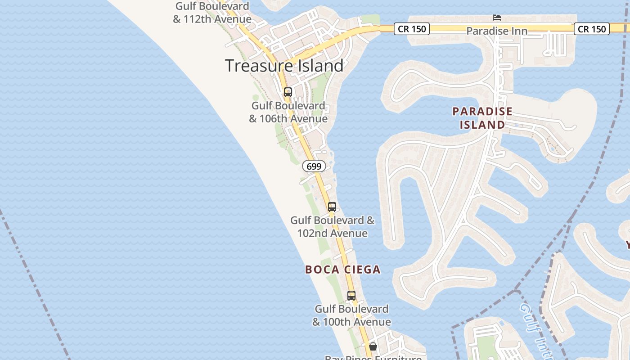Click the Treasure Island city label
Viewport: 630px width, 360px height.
click(x=284, y=66)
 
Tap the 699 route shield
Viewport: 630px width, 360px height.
click(x=314, y=166)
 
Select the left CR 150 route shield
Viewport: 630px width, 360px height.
click(x=412, y=29)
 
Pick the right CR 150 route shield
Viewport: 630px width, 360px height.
click(x=592, y=29)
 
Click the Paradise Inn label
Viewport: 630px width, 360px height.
click(x=497, y=31)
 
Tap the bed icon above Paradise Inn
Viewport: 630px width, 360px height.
click(x=497, y=18)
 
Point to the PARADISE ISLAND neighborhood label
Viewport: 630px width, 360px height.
click(x=482, y=118)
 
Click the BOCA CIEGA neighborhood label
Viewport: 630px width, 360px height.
click(x=343, y=270)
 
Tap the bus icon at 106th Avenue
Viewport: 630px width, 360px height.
click(x=288, y=92)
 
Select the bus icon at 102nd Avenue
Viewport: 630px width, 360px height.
click(x=332, y=207)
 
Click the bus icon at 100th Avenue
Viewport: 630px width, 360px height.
click(x=351, y=296)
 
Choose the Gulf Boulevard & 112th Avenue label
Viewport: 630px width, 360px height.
click(x=212, y=13)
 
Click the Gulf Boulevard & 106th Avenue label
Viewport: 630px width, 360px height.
click(x=288, y=112)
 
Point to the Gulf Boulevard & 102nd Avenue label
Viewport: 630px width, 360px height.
click(x=333, y=227)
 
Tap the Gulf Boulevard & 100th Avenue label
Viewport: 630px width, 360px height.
click(x=351, y=315)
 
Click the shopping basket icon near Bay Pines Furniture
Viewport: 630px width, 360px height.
click(x=373, y=346)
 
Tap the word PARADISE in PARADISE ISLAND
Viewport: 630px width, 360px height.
click(x=482, y=111)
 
